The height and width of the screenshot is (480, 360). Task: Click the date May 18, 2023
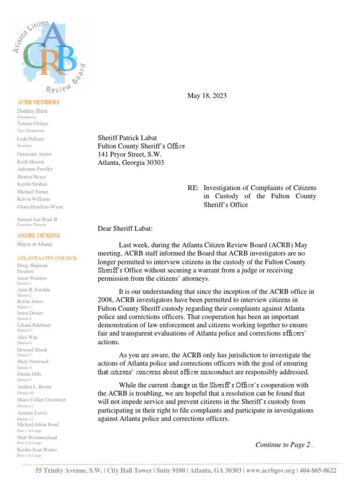(207, 96)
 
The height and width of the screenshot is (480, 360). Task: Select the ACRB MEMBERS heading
(38, 102)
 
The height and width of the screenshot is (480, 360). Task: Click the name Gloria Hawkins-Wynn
(40, 207)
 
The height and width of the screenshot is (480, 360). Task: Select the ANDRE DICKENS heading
(38, 235)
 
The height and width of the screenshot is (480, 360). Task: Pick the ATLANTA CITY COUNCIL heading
(47, 258)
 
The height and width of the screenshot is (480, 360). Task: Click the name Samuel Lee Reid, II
(38, 219)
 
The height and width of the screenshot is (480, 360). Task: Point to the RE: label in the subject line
(193, 188)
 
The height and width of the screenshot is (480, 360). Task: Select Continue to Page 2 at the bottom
(283, 445)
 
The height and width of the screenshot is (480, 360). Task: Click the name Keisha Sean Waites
(37, 450)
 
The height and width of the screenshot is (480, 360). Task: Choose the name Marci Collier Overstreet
(41, 400)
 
